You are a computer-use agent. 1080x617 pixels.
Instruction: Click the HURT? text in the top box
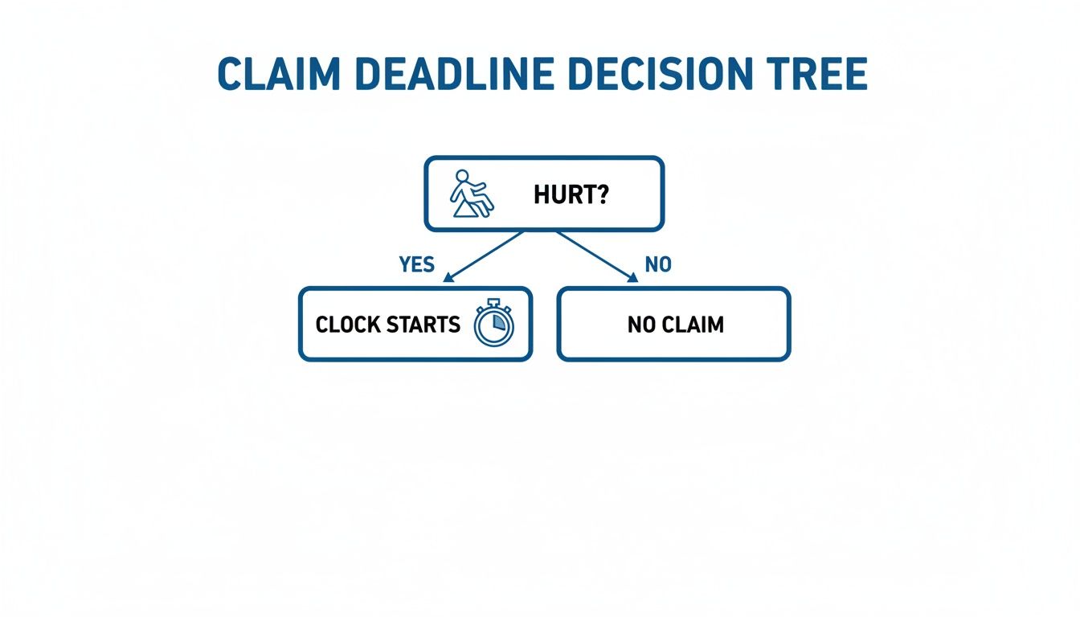click(571, 194)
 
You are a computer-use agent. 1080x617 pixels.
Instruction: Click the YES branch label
click(416, 264)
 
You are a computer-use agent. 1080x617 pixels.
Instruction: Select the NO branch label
click(657, 264)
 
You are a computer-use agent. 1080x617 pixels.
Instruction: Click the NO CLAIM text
click(675, 325)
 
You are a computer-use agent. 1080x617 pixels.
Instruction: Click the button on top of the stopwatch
click(493, 302)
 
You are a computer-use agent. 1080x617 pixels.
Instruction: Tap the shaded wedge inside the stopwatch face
click(499, 321)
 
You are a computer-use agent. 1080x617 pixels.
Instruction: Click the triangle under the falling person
click(465, 210)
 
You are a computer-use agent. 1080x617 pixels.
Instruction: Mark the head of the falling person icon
click(462, 176)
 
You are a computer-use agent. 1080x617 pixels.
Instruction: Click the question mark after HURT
click(602, 194)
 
